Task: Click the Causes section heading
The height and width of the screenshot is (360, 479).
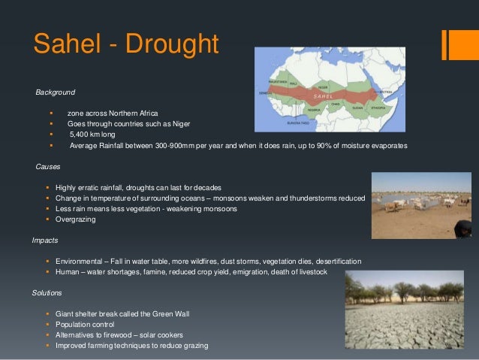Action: [x=47, y=166]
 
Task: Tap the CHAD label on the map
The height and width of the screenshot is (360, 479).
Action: [x=336, y=104]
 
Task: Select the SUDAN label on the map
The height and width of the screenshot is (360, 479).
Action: [x=357, y=107]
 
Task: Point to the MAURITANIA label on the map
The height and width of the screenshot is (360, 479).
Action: [x=279, y=82]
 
